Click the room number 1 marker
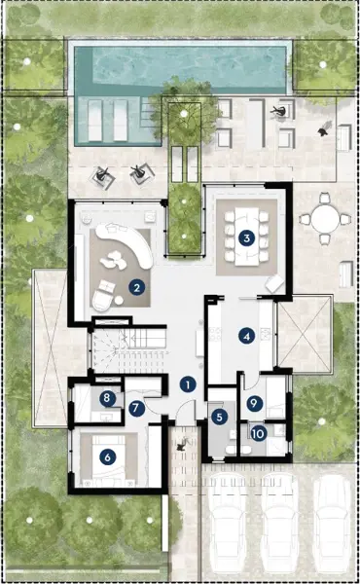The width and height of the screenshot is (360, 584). click(x=188, y=384)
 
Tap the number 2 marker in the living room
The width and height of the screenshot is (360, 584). click(x=137, y=287)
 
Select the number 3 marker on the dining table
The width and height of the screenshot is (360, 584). click(x=246, y=238)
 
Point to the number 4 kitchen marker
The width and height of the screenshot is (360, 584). click(x=246, y=337)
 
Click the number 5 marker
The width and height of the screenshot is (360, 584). click(x=219, y=417)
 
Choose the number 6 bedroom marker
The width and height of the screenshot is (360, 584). click(x=108, y=457)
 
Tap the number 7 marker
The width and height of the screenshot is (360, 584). click(x=136, y=408)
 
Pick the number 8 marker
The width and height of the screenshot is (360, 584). click(x=107, y=398)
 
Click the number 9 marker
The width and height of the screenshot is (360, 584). click(x=254, y=403)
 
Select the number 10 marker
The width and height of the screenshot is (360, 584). click(x=258, y=433)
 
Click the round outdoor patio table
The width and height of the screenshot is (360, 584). click(x=325, y=219)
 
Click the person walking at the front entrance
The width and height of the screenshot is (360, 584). click(x=182, y=445)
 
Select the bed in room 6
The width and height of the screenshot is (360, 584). click(x=108, y=460)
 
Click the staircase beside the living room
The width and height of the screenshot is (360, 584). click(x=129, y=349)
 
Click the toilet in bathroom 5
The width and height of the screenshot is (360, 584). click(x=231, y=450)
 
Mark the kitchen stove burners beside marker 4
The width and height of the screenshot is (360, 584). click(x=215, y=334)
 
